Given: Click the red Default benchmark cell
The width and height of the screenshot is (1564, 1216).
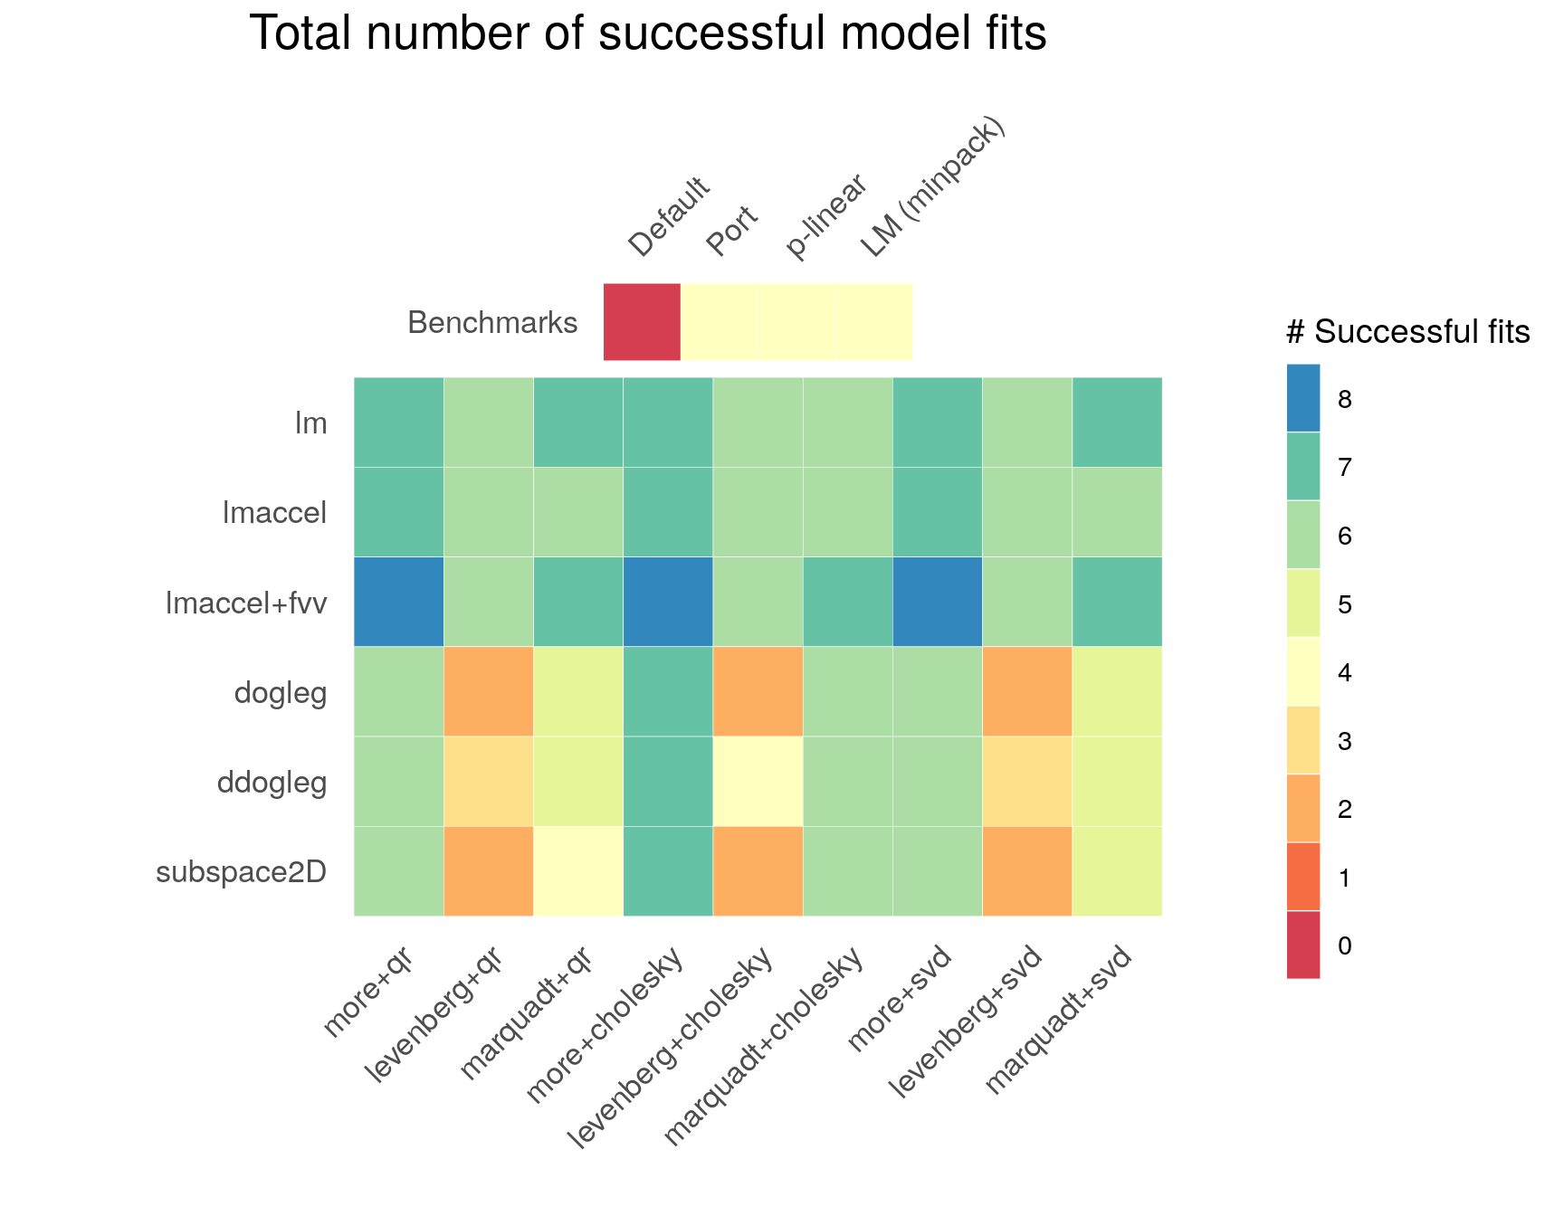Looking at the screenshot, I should coord(642,322).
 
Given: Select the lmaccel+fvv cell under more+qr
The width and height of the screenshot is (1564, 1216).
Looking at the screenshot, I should coord(398,602).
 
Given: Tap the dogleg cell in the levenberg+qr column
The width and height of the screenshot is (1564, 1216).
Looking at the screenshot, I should coord(488,691).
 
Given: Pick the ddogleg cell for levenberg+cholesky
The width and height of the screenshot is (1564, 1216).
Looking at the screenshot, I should coord(758,781).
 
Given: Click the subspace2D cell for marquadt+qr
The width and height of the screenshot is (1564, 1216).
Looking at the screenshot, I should coord(577,870).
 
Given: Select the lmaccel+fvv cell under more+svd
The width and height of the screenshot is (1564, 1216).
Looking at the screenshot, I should coord(937,602).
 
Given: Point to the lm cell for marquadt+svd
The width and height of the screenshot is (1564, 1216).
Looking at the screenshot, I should coord(1117,423).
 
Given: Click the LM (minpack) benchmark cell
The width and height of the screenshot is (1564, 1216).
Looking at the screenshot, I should coord(873,322).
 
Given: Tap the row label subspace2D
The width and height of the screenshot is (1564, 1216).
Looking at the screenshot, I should coord(241,872).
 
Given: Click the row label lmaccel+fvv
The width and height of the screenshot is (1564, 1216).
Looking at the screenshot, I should coord(245,603).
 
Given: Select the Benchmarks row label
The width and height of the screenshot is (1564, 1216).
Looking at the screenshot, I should coord(492,323).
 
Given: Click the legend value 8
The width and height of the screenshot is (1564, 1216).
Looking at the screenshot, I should coord(1344,400).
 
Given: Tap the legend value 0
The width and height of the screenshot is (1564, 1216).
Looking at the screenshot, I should coord(1344,946).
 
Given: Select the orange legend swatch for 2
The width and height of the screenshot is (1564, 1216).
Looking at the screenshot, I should coord(1303,809).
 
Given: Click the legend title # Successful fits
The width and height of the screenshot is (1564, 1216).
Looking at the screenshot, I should coord(1407,333).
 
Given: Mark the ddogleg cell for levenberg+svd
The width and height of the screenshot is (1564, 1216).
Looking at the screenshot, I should coord(1026,781).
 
